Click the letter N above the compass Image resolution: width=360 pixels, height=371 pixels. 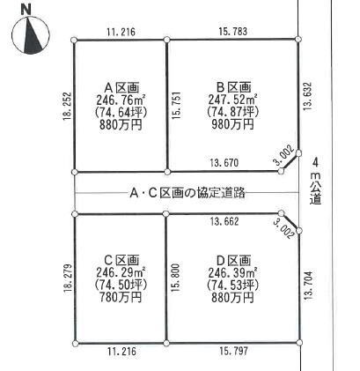pyautogui.click(x=26, y=10)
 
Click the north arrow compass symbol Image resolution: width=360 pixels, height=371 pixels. pyautogui.click(x=31, y=35)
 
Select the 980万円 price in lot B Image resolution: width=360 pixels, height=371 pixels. pyautogui.click(x=232, y=125)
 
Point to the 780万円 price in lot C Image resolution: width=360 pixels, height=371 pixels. pyautogui.click(x=121, y=298)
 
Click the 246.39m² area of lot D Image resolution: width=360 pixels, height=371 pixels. pyautogui.click(x=233, y=273)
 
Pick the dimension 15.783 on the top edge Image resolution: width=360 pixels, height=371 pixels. pyautogui.click(x=233, y=32)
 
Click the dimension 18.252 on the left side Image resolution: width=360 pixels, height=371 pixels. pyautogui.click(x=67, y=107)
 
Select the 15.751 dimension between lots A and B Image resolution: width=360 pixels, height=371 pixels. pyautogui.click(x=177, y=106)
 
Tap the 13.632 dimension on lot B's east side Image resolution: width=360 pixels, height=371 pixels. pyautogui.click(x=307, y=96)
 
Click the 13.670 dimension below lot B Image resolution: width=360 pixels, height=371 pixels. pyautogui.click(x=224, y=163)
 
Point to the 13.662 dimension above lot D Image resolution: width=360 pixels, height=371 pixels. pyautogui.click(x=224, y=221)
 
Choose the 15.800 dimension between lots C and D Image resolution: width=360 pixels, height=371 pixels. pyautogui.click(x=176, y=278)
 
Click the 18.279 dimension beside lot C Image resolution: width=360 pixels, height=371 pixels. pyautogui.click(x=68, y=278)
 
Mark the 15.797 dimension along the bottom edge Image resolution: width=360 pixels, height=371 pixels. pyautogui.click(x=233, y=351)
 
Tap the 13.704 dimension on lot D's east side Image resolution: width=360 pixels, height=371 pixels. pyautogui.click(x=308, y=286)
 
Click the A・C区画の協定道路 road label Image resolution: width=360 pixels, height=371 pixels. pyautogui.click(x=187, y=193)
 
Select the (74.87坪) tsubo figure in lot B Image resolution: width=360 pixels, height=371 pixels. pyautogui.click(x=232, y=112)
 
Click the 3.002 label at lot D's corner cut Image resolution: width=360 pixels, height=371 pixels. pyautogui.click(x=283, y=229)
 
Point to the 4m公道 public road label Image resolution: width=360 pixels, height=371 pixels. pyautogui.click(x=316, y=182)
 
